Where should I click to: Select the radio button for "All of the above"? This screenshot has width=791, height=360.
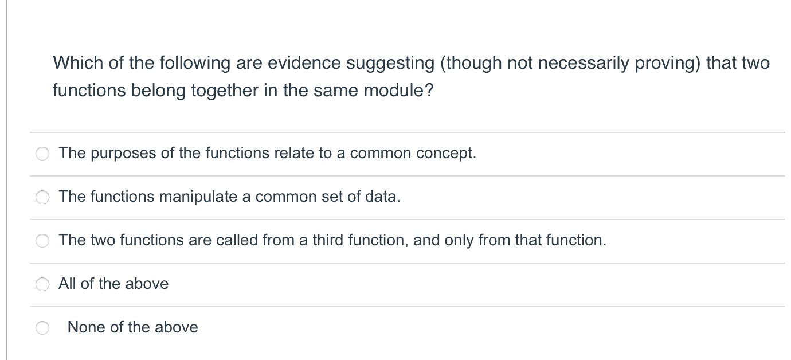tap(42, 284)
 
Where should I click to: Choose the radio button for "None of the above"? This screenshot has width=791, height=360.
tap(42, 328)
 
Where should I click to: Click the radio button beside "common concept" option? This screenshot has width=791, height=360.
tap(42, 154)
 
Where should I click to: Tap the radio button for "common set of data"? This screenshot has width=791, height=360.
tap(42, 197)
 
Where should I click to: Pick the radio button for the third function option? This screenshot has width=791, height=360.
tap(42, 241)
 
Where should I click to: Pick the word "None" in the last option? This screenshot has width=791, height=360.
tap(86, 327)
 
